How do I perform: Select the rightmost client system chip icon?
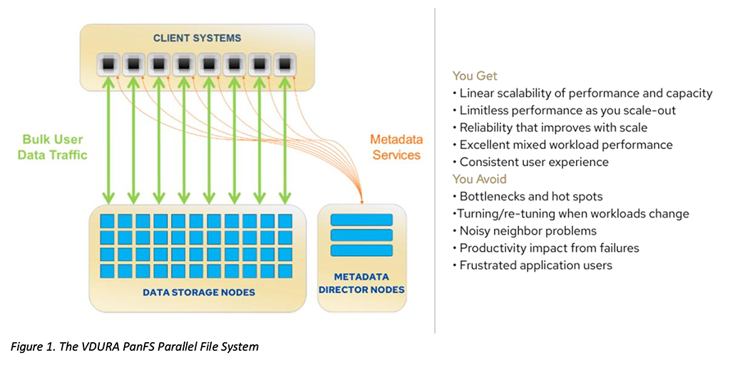pyautogui.click(x=285, y=64)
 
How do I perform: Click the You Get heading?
pyautogui.click(x=475, y=76)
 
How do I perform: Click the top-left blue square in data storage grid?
pyautogui.click(x=107, y=220)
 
